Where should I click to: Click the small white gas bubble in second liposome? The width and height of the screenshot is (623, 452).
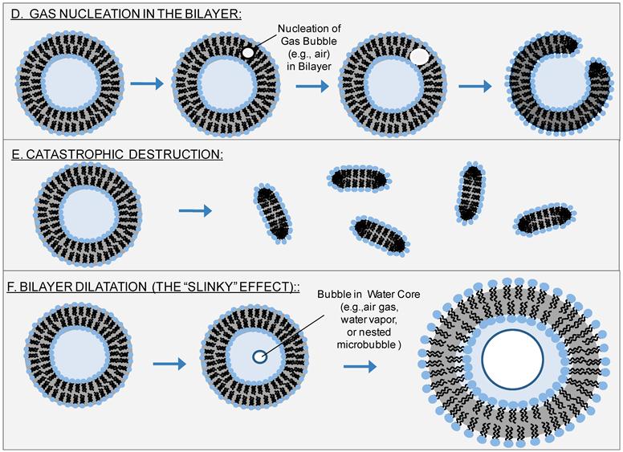[x=249, y=52]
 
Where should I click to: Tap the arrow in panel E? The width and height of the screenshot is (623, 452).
[x=195, y=211]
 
